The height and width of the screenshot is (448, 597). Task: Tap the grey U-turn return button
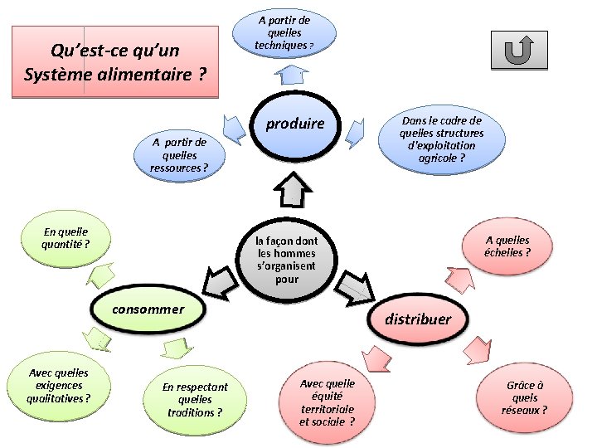coord(518,51)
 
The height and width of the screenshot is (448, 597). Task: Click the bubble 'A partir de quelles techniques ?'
coord(284,32)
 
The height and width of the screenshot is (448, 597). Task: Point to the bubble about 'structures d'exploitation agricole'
coord(441,139)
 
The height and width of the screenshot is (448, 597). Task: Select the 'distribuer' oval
coord(417,319)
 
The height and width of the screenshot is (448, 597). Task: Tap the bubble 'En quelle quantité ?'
coord(65,238)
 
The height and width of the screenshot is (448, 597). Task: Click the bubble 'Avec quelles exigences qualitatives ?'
coord(58,386)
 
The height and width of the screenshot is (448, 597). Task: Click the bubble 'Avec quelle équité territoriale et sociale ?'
coord(327,402)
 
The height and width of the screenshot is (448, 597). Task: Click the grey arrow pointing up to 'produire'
coord(290,189)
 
